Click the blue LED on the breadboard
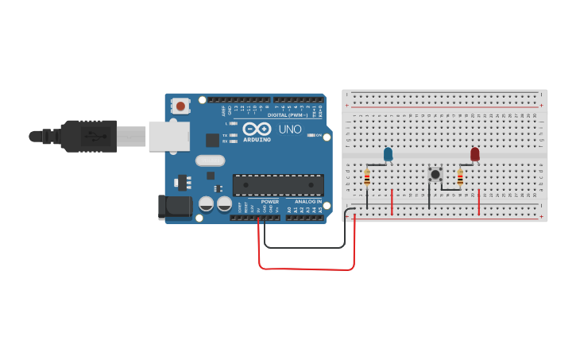tap(388, 154)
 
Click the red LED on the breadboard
tap(475, 154)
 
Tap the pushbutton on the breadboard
tap(435, 174)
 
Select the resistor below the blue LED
tap(367, 178)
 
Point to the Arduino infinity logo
tap(257, 129)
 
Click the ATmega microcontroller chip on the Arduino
tap(278, 184)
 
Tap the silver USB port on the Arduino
tap(168, 136)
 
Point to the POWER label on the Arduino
tap(269, 202)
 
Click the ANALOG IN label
tap(308, 202)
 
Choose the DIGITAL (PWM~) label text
tap(289, 115)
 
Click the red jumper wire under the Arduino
tap(306, 269)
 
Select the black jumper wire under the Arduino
tap(306, 247)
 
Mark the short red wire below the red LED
tap(478, 202)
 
